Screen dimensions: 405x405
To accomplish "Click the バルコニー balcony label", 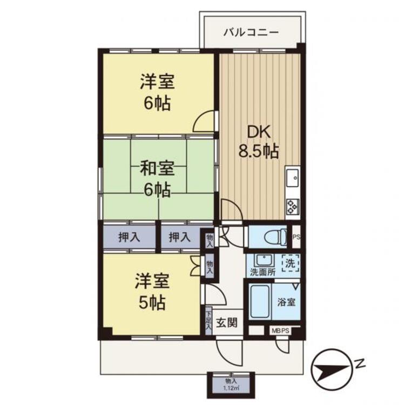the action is pyautogui.click(x=251, y=33).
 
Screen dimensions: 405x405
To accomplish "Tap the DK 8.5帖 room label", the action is pyautogui.click(x=259, y=142).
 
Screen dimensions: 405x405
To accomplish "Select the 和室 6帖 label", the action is pyautogui.click(x=157, y=179).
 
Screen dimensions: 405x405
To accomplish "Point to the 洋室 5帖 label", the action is pyautogui.click(x=152, y=292).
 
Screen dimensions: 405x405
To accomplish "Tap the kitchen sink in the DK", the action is pyautogui.click(x=292, y=178).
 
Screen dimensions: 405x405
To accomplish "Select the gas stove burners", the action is pyautogui.click(x=293, y=207).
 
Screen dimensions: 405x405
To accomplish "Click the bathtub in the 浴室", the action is pyautogui.click(x=261, y=301).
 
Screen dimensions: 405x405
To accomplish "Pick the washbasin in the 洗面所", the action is pyautogui.click(x=264, y=260).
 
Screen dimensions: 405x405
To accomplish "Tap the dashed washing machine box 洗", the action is pyautogui.click(x=291, y=263).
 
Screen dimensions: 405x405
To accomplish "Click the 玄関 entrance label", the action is pyautogui.click(x=226, y=322).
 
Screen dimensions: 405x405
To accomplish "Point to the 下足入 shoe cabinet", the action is pyautogui.click(x=208, y=321).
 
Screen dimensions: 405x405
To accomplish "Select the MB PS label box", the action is pyautogui.click(x=280, y=331).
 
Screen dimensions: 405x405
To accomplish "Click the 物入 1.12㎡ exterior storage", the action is pyautogui.click(x=231, y=384).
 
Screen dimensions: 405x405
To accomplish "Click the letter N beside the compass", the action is pyautogui.click(x=360, y=363).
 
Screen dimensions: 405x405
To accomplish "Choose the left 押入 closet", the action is pyautogui.click(x=129, y=237).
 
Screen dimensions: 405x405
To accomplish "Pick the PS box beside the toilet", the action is pyautogui.click(x=296, y=237).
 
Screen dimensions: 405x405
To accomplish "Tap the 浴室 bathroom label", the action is pyautogui.click(x=286, y=302).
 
